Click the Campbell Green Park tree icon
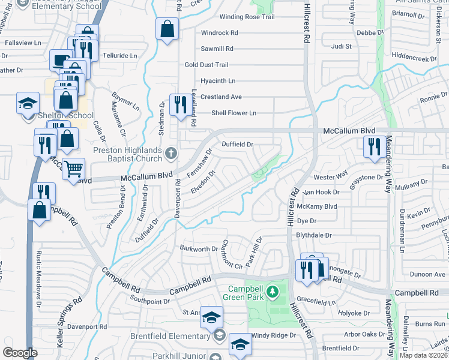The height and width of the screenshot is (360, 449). (x=273, y=292)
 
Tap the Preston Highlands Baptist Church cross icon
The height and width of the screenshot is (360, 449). (x=171, y=153)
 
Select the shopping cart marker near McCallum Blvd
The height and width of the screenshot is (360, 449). (x=74, y=170)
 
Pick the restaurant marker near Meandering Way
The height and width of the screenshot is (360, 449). (x=373, y=146)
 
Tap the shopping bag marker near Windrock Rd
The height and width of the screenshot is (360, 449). (x=167, y=29)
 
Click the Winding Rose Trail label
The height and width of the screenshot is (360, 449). (x=247, y=17)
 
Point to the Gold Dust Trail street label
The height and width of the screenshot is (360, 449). (x=206, y=65)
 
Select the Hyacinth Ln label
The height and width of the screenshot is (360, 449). (x=218, y=80)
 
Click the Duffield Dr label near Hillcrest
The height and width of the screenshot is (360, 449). (x=238, y=145)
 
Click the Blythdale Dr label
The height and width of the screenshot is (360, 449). (x=315, y=235)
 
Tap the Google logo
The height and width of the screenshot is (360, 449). (x=20, y=353)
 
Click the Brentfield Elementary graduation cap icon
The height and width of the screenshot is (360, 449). (x=218, y=336)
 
